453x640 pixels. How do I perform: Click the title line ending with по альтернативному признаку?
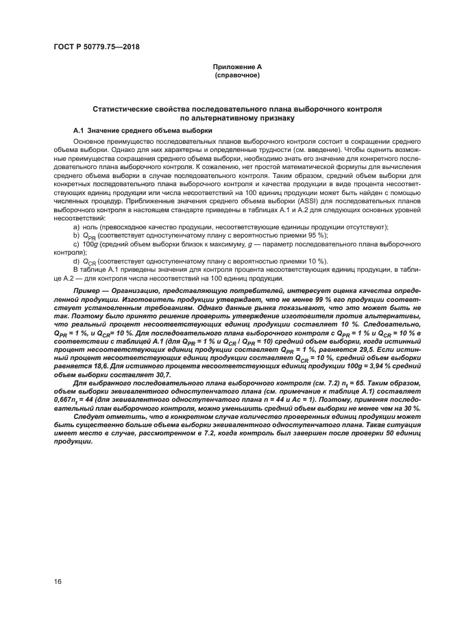237,118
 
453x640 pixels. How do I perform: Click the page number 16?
58,581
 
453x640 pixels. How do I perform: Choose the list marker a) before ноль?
76,227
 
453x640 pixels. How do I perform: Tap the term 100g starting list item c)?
88,244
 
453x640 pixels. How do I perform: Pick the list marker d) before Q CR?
76,261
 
